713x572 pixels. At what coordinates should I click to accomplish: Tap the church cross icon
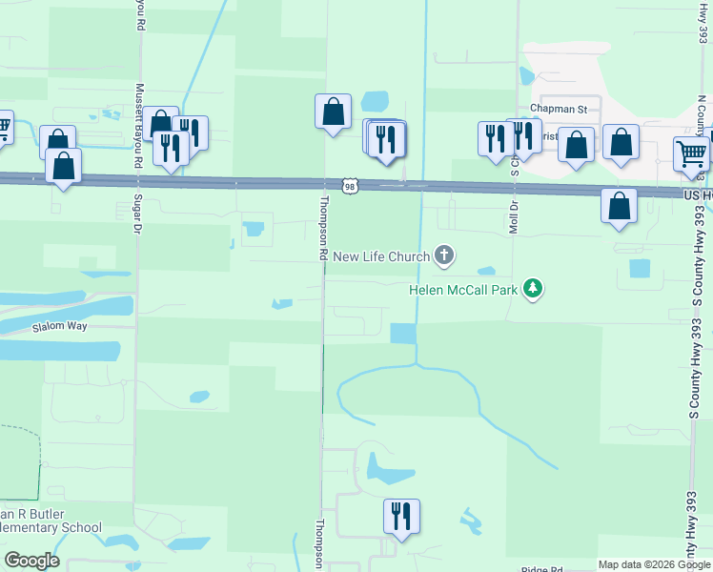click(x=443, y=255)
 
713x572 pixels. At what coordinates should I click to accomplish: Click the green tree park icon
click(x=533, y=289)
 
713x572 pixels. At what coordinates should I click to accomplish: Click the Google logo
click(x=31, y=561)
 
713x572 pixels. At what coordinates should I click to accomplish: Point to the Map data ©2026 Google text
click(x=654, y=564)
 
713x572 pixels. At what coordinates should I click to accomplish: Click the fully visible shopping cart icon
click(x=691, y=153)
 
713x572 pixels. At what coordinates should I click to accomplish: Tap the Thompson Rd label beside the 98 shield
click(x=324, y=229)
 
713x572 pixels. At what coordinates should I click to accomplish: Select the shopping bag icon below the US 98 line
click(x=619, y=207)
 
